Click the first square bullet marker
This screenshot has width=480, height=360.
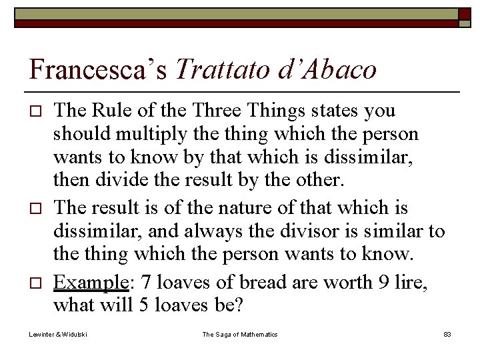pyautogui.click(x=37, y=111)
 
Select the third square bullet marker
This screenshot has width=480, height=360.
pyautogui.click(x=37, y=284)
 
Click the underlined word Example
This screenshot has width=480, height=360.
pyautogui.click(x=90, y=283)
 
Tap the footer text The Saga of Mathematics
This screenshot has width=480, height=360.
pyautogui.click(x=240, y=334)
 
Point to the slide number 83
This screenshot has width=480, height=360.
pyautogui.click(x=447, y=334)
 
